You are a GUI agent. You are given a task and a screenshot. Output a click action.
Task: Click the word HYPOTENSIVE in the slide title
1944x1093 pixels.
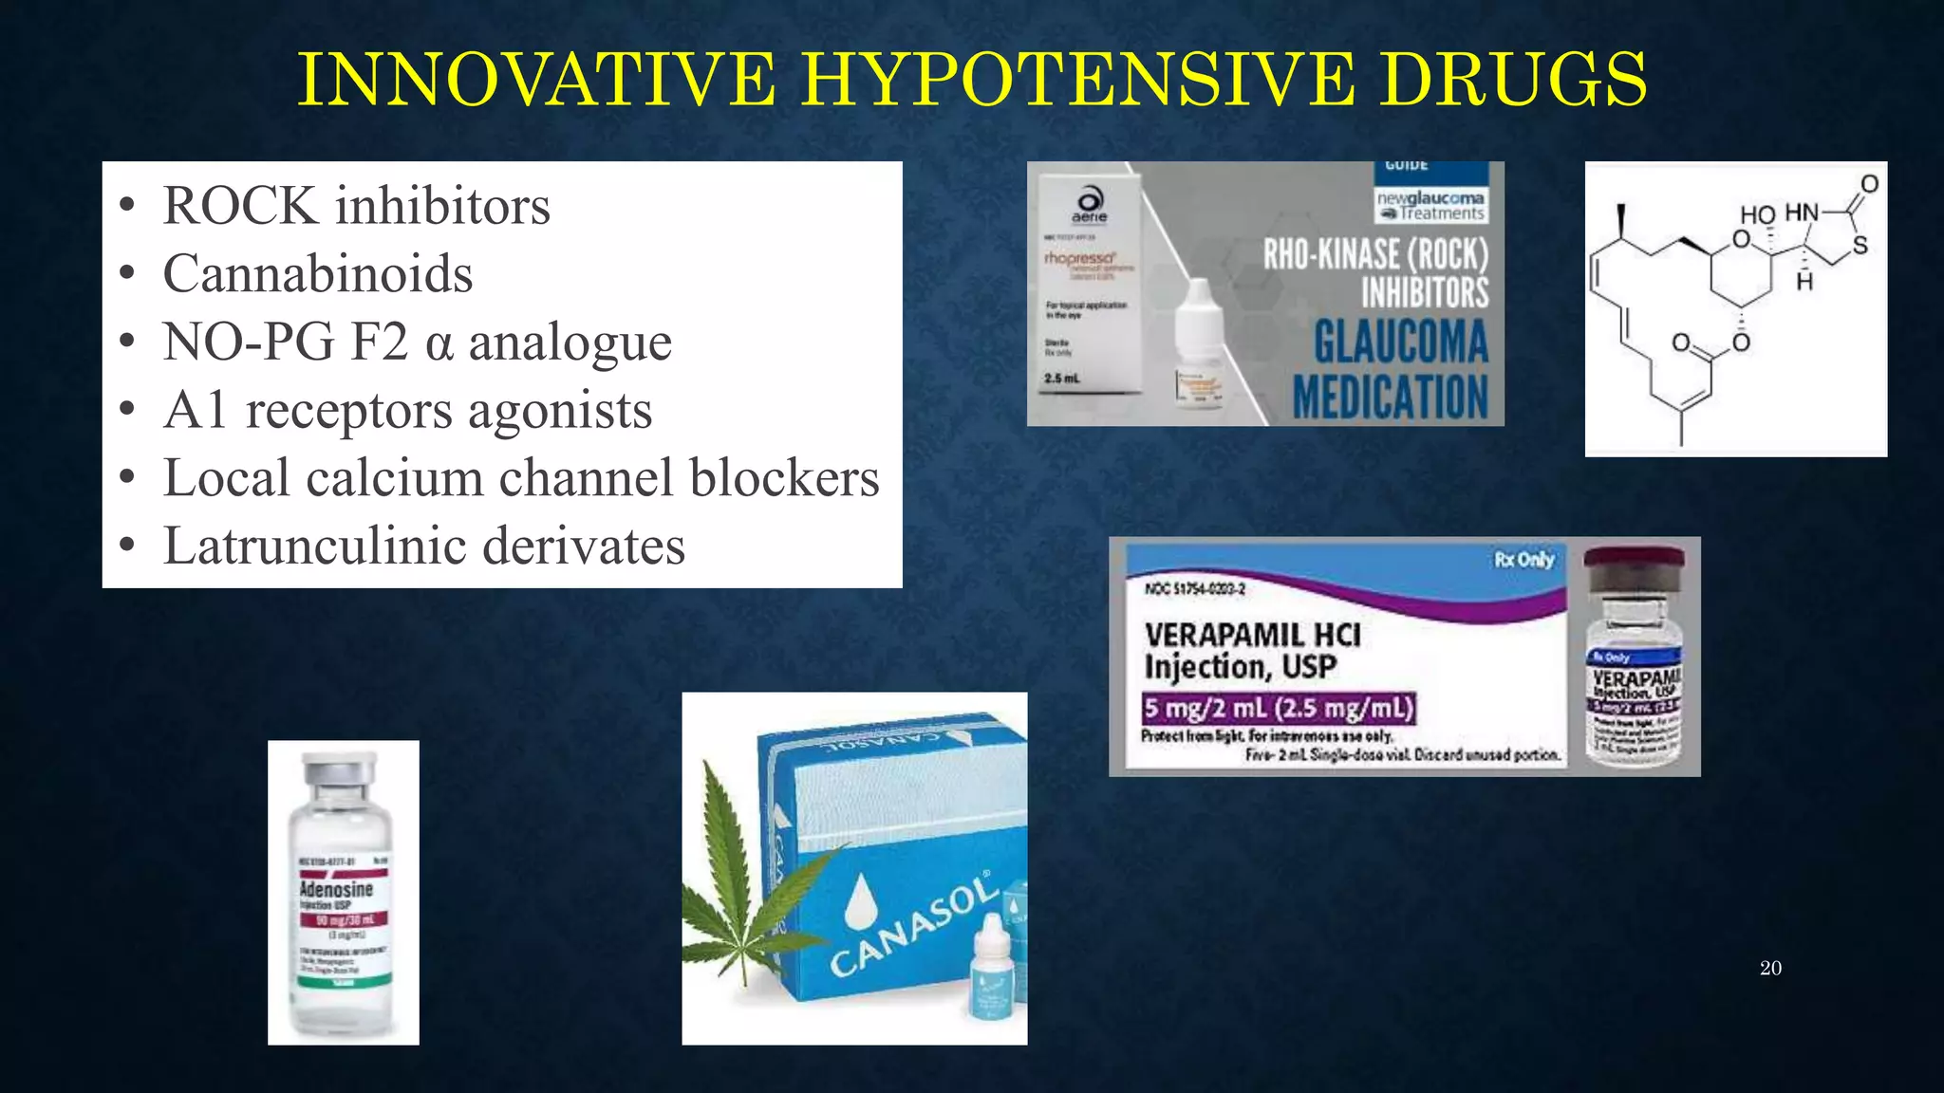pyautogui.click(x=1076, y=80)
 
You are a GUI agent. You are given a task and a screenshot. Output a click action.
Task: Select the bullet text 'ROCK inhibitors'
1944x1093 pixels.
pyautogui.click(x=356, y=206)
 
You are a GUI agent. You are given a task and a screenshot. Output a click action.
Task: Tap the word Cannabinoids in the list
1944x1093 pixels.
pyautogui.click(x=317, y=274)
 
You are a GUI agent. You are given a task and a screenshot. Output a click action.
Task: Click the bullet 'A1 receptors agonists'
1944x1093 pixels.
pyautogui.click(x=407, y=411)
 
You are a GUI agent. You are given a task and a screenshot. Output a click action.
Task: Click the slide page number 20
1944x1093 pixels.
pyautogui.click(x=1770, y=968)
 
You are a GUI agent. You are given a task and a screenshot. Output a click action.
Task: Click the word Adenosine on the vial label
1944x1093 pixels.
pyautogui.click(x=336, y=889)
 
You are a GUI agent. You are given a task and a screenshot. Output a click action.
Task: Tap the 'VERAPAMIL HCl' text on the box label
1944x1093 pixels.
pyautogui.click(x=1252, y=635)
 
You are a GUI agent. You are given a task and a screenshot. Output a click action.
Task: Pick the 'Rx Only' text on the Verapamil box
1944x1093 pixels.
pyautogui.click(x=1523, y=560)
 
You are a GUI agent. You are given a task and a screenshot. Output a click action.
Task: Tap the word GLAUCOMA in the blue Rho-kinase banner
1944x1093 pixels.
pyautogui.click(x=1400, y=343)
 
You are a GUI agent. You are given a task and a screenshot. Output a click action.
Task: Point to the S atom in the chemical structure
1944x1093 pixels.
pyautogui.click(x=1860, y=246)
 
